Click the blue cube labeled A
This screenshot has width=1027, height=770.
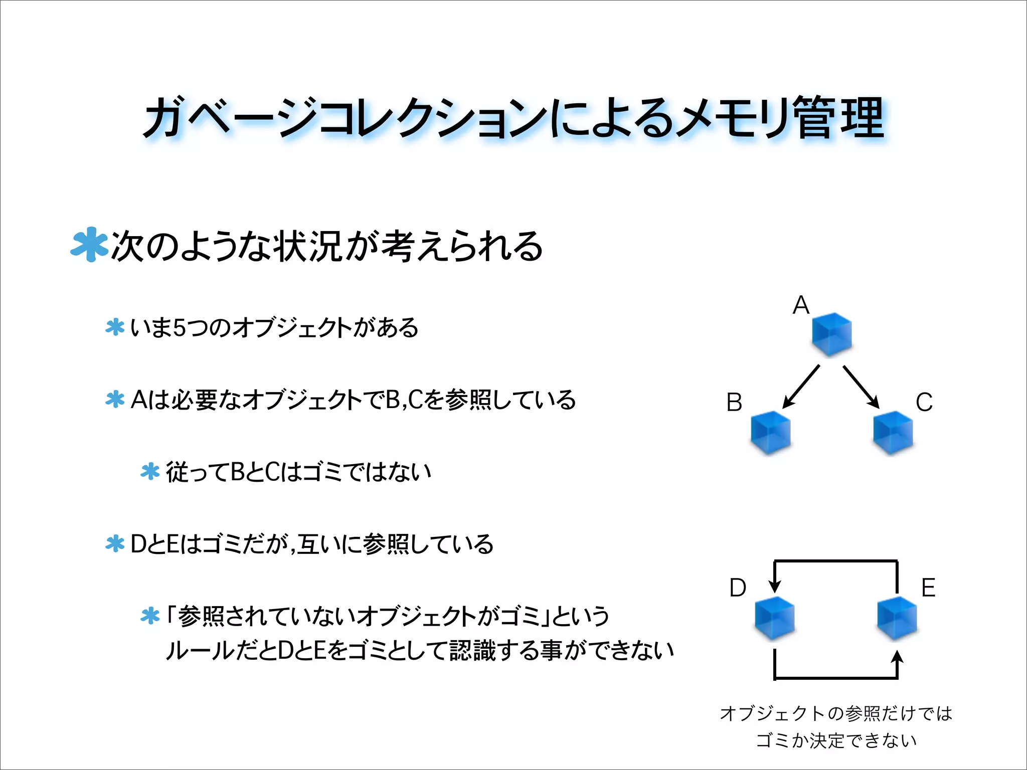coord(831,334)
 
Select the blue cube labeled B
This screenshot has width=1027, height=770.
coord(771,432)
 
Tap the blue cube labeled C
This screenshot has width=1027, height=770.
coord(893,432)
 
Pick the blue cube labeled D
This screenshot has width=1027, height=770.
coord(774,618)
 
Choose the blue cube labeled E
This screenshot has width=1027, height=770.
coord(897,618)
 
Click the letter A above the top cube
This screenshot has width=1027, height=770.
coord(801,305)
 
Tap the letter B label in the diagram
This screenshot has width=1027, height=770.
coord(734,402)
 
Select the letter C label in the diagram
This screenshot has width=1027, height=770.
coord(924,402)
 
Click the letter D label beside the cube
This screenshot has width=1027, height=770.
coord(738,588)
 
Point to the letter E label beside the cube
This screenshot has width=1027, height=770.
coord(928,588)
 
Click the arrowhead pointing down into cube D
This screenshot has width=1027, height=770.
coord(775,586)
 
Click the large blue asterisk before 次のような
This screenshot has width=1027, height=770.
coord(89,245)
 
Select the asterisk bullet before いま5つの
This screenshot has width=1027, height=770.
coord(115,327)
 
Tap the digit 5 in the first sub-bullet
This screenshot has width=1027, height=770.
coord(180,328)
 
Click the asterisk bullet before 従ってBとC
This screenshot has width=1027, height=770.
coord(150,472)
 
